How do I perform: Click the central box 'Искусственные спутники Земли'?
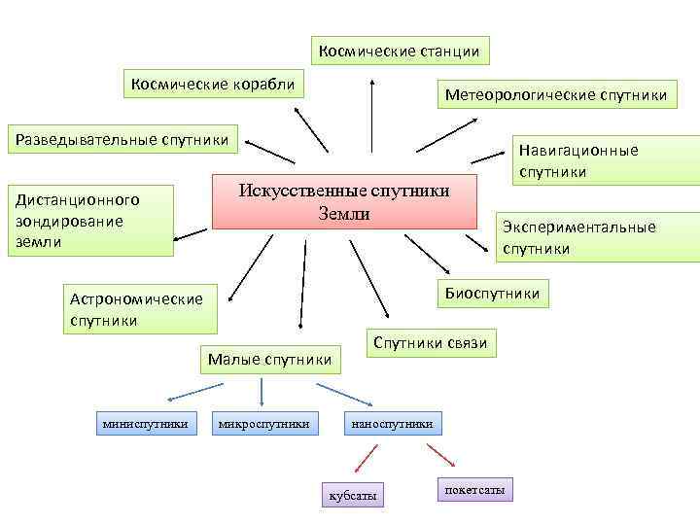(344, 201)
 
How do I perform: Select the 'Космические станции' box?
(400, 50)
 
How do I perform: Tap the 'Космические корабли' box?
(213, 84)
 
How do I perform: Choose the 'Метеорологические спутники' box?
(555, 94)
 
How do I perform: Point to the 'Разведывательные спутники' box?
(122, 139)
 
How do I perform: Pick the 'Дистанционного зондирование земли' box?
(89, 220)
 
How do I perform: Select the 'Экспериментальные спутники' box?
(598, 237)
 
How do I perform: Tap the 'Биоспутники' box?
(492, 293)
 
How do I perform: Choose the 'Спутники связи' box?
(430, 342)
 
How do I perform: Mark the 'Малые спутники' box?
(270, 360)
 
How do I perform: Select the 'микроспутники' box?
(264, 423)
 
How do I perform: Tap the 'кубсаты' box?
(352, 495)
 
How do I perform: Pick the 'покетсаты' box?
(474, 490)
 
